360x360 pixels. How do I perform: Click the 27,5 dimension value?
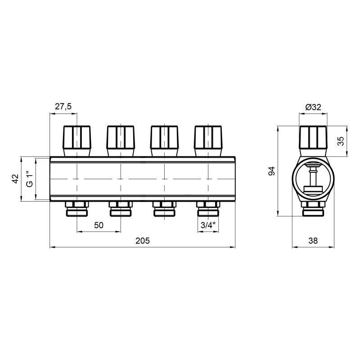(x=63, y=107)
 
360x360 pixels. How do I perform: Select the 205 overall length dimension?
(x=142, y=240)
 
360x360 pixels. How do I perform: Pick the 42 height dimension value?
(x=14, y=179)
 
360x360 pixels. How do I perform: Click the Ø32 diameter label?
(x=313, y=107)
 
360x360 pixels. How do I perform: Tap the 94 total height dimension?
(x=271, y=171)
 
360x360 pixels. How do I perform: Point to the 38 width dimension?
(x=313, y=240)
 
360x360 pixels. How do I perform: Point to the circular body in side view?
(x=313, y=179)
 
